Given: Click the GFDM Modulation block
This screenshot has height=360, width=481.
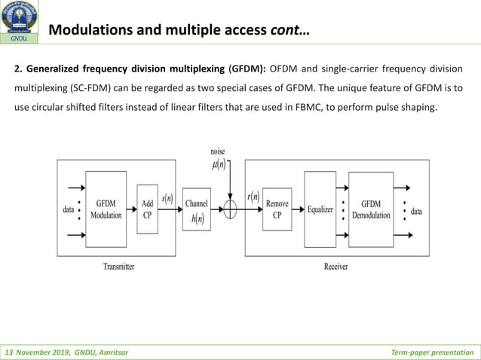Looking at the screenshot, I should [x=106, y=209].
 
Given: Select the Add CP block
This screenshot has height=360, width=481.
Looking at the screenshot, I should [x=148, y=209].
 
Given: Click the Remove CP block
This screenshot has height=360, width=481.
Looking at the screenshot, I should [x=277, y=209].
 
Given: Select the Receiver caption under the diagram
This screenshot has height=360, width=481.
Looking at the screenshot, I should [x=335, y=266].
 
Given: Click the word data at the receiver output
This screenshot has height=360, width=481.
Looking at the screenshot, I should [x=416, y=212].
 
